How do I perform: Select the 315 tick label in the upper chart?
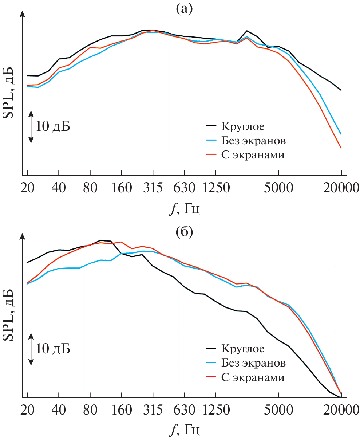click(x=153, y=188)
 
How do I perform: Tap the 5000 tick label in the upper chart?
click(x=278, y=188)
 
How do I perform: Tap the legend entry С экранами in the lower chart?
click(x=253, y=377)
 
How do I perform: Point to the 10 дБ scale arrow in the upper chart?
click(x=31, y=126)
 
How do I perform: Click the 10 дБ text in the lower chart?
click(x=53, y=349)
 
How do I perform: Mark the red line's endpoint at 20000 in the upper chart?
click(x=341, y=148)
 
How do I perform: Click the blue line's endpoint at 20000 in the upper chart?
click(x=341, y=134)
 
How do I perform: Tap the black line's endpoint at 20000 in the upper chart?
click(x=341, y=90)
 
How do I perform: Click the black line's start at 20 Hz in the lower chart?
click(x=27, y=262)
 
